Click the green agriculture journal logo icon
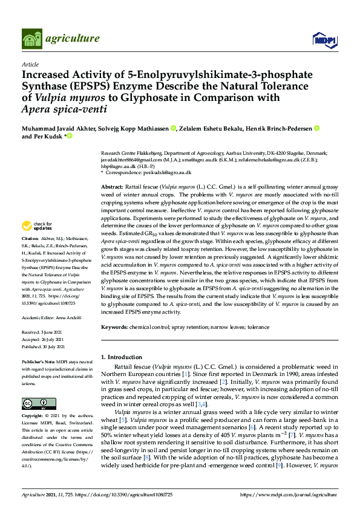pyautogui.click(x=32, y=38)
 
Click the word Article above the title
pyautogui.click(x=30, y=64)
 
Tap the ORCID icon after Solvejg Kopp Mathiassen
pyautogui.click(x=173, y=128)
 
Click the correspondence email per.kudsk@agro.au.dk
pyautogui.click(x=165, y=173)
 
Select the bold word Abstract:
pyautogui.click(x=111, y=188)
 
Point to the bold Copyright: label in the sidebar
pyautogui.click(x=34, y=417)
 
